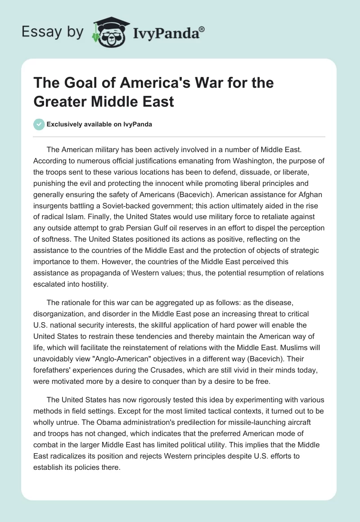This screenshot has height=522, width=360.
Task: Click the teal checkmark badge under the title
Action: point(40,124)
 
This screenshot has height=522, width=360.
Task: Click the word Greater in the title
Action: point(61,101)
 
